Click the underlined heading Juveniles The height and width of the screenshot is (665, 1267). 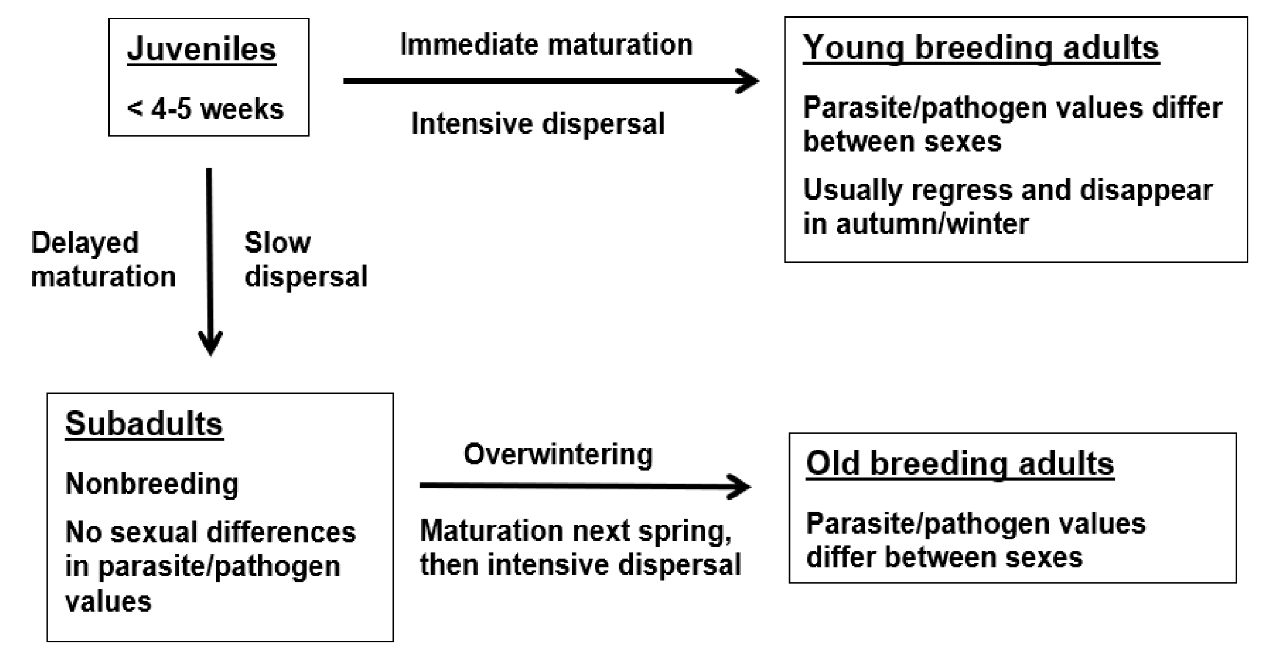coord(202,49)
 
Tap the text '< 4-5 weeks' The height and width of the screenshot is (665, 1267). coord(205,109)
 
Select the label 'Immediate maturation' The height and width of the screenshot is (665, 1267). coord(546,44)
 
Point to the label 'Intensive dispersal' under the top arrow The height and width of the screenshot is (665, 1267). coord(538,124)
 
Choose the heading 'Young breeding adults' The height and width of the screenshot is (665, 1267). coord(981,48)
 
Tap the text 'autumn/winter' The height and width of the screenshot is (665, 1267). coord(933,223)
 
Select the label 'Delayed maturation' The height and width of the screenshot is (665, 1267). coord(103,260)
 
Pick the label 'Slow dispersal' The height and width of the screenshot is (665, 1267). coord(306,260)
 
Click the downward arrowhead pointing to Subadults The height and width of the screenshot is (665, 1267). coord(210,343)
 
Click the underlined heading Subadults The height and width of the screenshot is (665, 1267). coord(144,424)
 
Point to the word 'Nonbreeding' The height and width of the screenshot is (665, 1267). coord(152,484)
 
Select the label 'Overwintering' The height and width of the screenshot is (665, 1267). coord(558,455)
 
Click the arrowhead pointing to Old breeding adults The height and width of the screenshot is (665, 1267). coord(739,487)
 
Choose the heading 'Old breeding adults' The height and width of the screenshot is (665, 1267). coord(960,464)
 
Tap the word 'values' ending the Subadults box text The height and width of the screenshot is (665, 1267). coord(108,601)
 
